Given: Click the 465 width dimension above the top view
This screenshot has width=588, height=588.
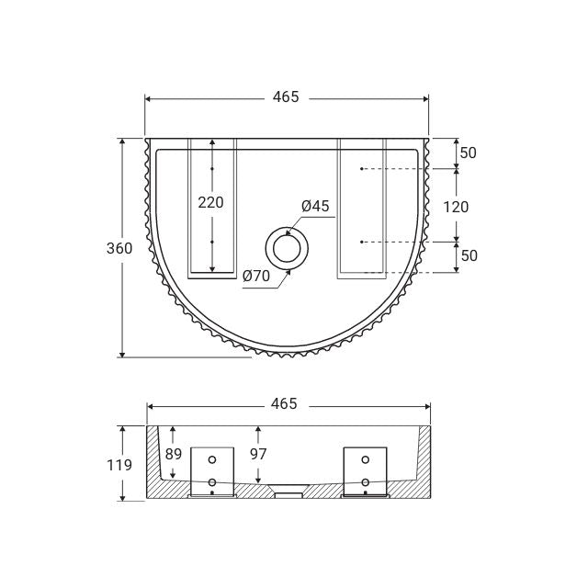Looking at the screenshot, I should click(286, 97).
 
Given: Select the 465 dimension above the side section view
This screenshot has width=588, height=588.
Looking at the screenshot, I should click(286, 403).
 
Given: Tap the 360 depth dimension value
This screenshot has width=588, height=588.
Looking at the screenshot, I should click(119, 248).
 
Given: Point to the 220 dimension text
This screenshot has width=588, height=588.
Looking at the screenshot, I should click(211, 203).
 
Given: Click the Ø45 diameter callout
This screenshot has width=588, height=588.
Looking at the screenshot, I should click(315, 207).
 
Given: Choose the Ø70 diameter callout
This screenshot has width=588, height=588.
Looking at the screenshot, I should click(256, 274).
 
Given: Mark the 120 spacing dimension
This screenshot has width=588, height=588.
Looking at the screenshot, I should click(456, 207).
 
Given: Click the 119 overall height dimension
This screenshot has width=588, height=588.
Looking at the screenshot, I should click(119, 465).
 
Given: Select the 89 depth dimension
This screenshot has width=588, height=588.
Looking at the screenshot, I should click(174, 454).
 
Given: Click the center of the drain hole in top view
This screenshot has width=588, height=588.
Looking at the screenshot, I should click(288, 248).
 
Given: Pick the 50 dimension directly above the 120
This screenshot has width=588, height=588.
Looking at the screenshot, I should click(469, 153).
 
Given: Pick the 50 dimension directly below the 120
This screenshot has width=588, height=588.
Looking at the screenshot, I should click(469, 256).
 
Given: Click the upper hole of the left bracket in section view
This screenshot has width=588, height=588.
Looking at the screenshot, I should click(212, 459).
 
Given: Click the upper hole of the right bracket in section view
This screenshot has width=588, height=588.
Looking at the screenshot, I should click(366, 459).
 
